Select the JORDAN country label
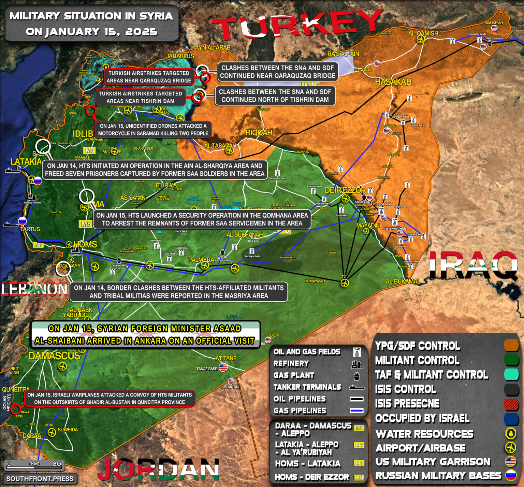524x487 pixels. point(158,469)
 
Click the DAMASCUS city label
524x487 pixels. point(54,356)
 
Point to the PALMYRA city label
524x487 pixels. point(201,260)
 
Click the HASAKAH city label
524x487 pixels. point(393,82)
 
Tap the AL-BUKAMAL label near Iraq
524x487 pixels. point(403,282)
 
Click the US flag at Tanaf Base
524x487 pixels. point(223,367)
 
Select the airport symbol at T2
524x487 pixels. point(345,283)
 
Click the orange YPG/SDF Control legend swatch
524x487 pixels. point(511,345)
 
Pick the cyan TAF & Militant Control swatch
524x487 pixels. point(511,374)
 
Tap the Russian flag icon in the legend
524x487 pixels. point(511,475)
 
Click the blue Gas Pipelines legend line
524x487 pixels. point(356,411)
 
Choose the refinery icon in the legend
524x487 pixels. point(356,364)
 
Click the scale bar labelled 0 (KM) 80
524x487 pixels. point(34,464)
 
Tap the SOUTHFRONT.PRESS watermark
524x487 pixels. point(40,478)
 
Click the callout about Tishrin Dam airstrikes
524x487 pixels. point(141,97)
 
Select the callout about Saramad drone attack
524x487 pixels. point(153,130)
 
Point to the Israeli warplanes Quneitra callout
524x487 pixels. point(110,398)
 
